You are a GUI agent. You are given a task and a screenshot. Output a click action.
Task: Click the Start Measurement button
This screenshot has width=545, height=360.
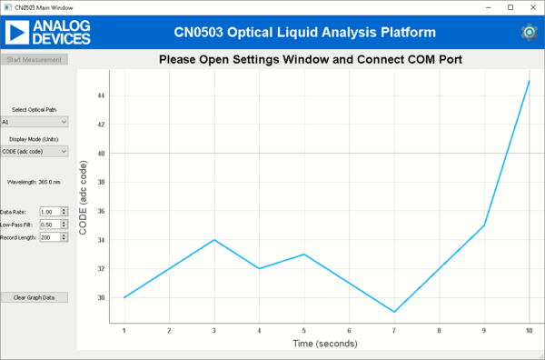[x=35, y=60]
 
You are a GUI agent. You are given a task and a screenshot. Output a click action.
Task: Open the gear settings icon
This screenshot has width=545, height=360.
[x=529, y=32]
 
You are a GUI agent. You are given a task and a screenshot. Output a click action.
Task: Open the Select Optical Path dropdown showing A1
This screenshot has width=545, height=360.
[x=35, y=121]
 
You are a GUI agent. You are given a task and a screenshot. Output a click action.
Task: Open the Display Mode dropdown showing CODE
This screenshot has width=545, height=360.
[x=35, y=151]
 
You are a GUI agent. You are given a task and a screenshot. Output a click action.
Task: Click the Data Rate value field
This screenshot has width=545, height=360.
[x=49, y=211]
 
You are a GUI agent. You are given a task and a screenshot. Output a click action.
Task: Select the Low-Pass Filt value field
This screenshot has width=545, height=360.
[x=49, y=224]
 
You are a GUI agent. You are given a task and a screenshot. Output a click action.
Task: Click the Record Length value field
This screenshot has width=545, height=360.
[x=49, y=237]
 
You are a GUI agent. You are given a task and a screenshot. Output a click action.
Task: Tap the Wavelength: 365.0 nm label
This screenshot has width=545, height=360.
[x=34, y=182]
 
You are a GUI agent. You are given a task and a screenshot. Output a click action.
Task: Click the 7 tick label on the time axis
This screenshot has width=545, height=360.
[x=393, y=330]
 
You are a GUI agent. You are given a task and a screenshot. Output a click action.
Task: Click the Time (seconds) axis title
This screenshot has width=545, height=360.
[x=325, y=344]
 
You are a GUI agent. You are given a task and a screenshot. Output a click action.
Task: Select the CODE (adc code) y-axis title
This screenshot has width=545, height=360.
[x=84, y=196]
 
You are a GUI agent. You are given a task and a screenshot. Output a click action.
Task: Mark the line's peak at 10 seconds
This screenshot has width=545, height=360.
[x=529, y=81]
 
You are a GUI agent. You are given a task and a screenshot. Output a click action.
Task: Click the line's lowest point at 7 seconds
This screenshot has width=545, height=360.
[x=393, y=312]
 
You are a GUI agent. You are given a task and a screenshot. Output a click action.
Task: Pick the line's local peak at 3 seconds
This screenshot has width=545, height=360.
[x=213, y=240]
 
